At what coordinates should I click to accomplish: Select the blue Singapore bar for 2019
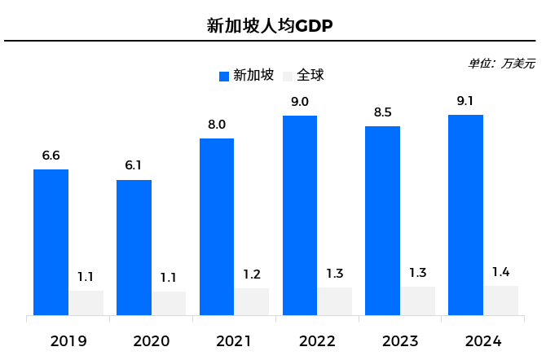[x=51, y=242]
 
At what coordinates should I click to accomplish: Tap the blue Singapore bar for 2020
[x=134, y=247]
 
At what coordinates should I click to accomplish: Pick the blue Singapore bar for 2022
[x=300, y=215]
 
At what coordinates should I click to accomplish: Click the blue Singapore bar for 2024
[x=465, y=214]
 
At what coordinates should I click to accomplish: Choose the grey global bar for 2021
[x=252, y=301]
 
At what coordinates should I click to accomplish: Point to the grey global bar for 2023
[x=417, y=301]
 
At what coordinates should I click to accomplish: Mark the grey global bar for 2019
[x=86, y=302]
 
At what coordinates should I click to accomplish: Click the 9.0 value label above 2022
[x=300, y=102]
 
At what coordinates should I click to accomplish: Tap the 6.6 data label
[x=51, y=156]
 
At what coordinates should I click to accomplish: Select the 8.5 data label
[x=383, y=112]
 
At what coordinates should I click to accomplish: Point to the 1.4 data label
[x=500, y=272]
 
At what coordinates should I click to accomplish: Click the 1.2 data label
[x=252, y=274]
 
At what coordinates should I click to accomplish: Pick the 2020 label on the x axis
[x=151, y=340]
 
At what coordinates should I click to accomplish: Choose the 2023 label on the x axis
[x=399, y=340]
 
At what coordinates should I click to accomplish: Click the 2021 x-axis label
[x=234, y=340]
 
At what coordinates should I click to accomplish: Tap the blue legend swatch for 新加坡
[x=225, y=77]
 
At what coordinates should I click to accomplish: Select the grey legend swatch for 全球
[x=287, y=77]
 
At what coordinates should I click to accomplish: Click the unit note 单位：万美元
[x=501, y=63]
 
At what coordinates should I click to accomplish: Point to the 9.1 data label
[x=465, y=101]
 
